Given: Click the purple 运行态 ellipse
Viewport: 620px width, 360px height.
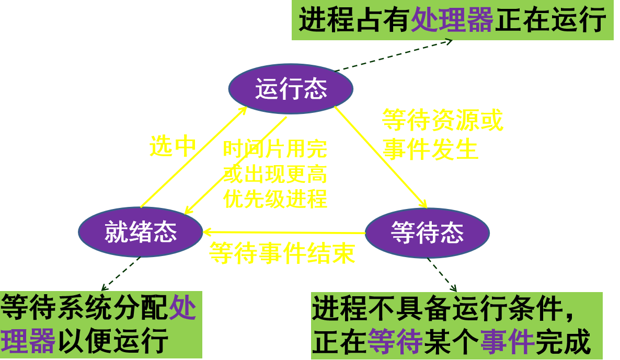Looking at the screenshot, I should [x=291, y=89].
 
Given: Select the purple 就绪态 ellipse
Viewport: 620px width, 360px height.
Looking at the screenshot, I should [x=140, y=231].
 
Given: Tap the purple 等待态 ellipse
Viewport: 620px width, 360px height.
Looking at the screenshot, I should [x=427, y=233].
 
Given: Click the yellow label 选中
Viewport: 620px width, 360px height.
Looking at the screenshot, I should [x=172, y=147].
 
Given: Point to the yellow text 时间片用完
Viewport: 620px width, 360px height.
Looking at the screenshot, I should [x=275, y=149].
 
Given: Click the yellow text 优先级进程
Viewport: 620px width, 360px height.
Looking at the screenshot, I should [x=275, y=199].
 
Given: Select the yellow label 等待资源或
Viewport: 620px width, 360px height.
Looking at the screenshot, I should [x=442, y=121].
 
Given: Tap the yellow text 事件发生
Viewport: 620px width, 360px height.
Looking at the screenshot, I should [x=430, y=149].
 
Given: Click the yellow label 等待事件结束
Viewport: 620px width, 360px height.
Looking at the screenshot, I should [x=282, y=254].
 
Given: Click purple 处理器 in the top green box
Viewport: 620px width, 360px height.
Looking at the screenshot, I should [x=452, y=21].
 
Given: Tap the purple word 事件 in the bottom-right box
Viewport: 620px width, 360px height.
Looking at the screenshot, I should [x=507, y=343].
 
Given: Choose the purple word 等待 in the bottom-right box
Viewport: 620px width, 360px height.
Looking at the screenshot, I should [x=395, y=343].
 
